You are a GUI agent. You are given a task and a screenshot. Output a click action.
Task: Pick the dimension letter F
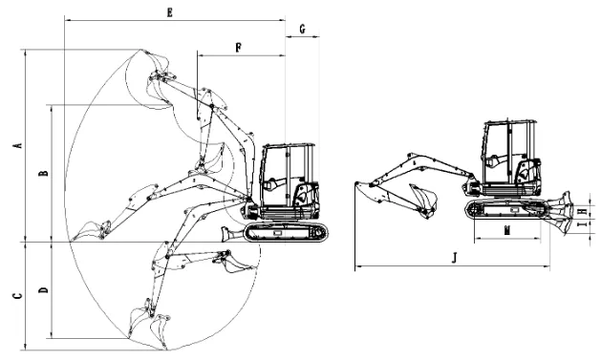pos(237,46)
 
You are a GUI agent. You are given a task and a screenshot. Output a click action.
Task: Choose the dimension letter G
pos(302,30)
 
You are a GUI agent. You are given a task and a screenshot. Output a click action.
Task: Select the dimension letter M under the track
pos(507,230)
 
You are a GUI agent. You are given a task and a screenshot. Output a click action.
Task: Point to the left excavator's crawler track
pos(288,232)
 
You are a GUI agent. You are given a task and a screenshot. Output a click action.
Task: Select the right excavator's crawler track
pos(506,210)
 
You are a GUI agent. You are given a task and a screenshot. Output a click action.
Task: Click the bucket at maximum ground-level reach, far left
pos(89,231)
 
